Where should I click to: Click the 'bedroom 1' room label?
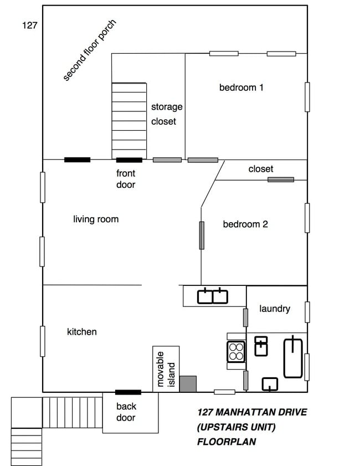tap(241, 88)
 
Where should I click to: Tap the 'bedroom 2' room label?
tap(245, 224)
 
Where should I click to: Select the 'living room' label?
tap(96, 219)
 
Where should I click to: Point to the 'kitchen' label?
tap(82, 332)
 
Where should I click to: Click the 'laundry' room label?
tap(274, 309)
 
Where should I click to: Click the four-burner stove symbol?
tap(236, 351)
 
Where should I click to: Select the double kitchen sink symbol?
tap(213, 296)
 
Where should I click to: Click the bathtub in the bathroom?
tap(294, 357)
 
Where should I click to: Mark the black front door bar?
tap(128, 160)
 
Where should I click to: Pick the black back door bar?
tap(128, 392)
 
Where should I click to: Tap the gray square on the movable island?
tap(188, 383)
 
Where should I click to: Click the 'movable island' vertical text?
tap(166, 368)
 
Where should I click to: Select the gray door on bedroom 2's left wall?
tap(202, 235)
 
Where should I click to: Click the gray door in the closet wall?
tap(281, 180)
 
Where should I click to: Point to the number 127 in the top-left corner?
tap(29, 25)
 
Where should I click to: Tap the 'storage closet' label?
tap(166, 114)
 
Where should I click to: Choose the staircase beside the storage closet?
tap(129, 120)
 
